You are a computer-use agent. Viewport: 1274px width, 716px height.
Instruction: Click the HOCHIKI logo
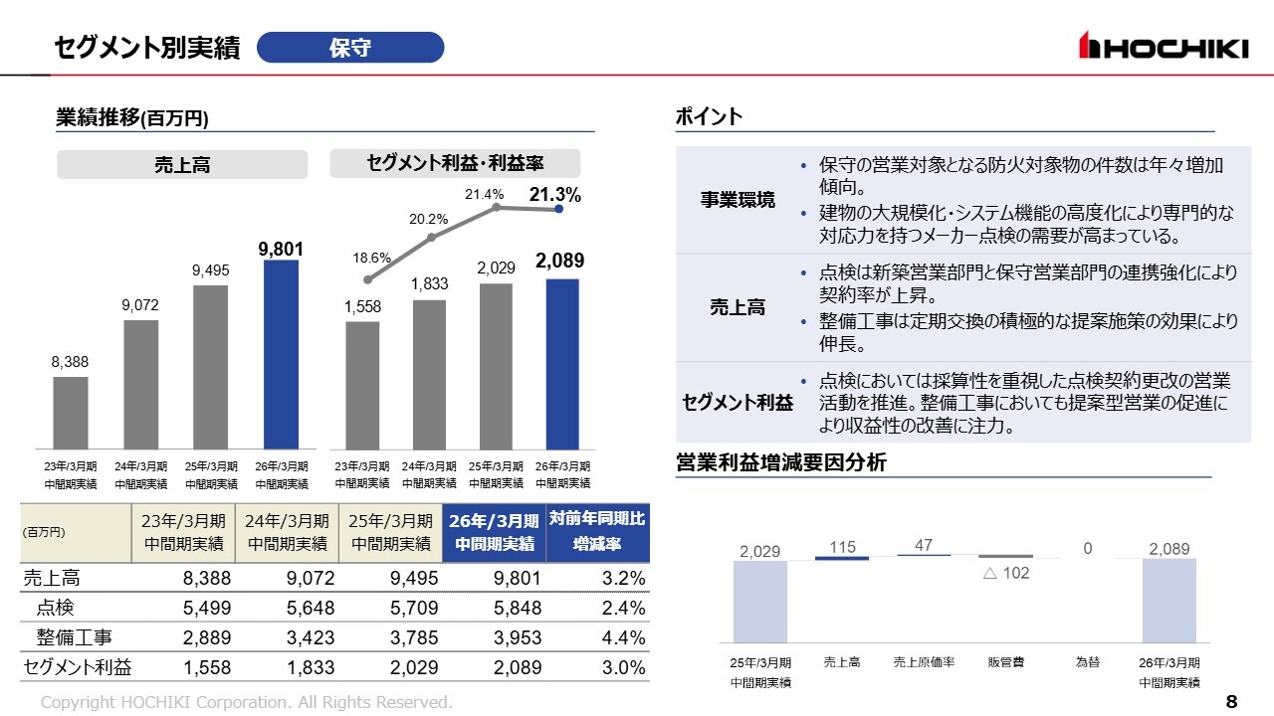[x=1164, y=47]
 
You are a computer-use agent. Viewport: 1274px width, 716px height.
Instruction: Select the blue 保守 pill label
[x=350, y=48]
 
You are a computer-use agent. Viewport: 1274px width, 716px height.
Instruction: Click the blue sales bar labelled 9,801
[x=281, y=353]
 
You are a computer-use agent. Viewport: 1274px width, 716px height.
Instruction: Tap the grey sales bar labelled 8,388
[x=71, y=412]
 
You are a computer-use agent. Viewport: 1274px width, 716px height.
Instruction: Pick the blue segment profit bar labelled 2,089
[x=562, y=363]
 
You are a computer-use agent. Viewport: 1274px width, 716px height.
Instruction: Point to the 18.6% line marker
[x=367, y=280]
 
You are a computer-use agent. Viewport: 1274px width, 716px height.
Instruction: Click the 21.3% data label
[x=554, y=195]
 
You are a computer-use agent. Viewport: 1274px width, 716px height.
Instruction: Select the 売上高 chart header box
[x=182, y=165]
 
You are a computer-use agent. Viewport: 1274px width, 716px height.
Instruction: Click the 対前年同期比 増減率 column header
[x=597, y=532]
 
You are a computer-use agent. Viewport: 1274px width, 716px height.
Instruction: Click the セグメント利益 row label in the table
[x=78, y=667]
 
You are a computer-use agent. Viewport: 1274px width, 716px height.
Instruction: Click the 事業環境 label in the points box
[x=738, y=200]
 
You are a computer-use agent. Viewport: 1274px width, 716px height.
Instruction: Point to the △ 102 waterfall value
[x=1006, y=574]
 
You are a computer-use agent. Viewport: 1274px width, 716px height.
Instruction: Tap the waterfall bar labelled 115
[x=842, y=558]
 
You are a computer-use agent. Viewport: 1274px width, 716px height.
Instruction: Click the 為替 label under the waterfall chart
[x=1088, y=662]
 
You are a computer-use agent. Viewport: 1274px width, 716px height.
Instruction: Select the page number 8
[x=1231, y=702]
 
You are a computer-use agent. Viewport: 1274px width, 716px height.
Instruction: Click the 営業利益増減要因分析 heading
[x=780, y=463]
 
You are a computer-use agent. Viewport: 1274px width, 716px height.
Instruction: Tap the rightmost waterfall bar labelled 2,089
[x=1169, y=600]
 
